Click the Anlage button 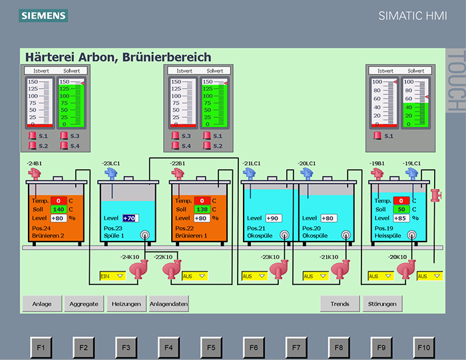pyautogui.click(x=42, y=304)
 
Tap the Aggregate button pyautogui.click(x=85, y=304)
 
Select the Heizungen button pyautogui.click(x=126, y=304)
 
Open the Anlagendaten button pyautogui.click(x=169, y=304)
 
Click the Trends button pyautogui.click(x=340, y=304)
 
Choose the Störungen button pyautogui.click(x=382, y=304)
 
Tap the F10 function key pyautogui.click(x=424, y=347)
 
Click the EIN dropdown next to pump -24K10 pyautogui.click(x=112, y=275)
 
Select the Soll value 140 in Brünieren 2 pyautogui.click(x=58, y=209)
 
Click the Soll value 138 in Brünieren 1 pyautogui.click(x=202, y=209)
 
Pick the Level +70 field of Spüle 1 pyautogui.click(x=129, y=218)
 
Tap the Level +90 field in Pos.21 pyautogui.click(x=273, y=218)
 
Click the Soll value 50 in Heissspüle pyautogui.click(x=401, y=209)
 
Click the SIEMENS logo pyautogui.click(x=43, y=15)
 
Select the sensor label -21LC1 pyautogui.click(x=252, y=163)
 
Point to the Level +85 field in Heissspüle pyautogui.click(x=401, y=218)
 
